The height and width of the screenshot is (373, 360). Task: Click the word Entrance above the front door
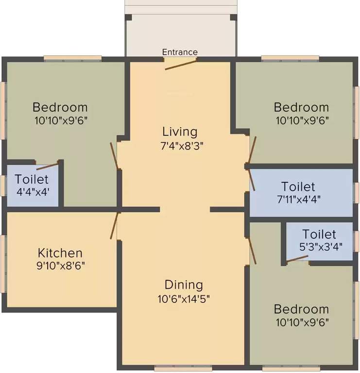[180, 52]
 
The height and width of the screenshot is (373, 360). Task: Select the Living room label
[180, 132]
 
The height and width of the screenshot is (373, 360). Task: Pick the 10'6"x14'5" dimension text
[183, 298]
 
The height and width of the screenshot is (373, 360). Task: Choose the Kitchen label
[60, 253]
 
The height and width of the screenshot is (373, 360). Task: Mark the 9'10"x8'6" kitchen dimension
[60, 266]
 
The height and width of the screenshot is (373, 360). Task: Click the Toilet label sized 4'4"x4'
[32, 178]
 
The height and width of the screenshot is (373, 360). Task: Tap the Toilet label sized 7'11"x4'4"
[298, 186]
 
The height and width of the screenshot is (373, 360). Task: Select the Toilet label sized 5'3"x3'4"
[319, 234]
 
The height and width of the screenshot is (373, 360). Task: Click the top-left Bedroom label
[60, 107]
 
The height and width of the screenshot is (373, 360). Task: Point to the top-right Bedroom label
[301, 107]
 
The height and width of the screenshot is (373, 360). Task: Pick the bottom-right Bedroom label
[301, 309]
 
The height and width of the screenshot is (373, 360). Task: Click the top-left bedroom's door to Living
[115, 155]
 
